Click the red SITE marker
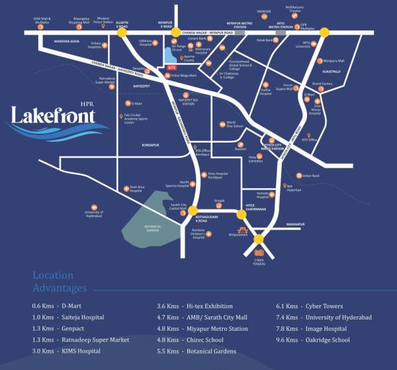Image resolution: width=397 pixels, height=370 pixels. [x=172, y=68]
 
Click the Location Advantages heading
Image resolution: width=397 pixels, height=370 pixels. [x=60, y=282]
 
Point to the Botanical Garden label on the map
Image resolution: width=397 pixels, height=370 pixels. [x=140, y=228]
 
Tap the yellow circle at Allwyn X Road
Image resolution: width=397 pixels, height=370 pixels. [x=122, y=39]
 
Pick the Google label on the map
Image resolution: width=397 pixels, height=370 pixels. [x=219, y=200]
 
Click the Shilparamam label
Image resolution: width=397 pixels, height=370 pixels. [x=238, y=234]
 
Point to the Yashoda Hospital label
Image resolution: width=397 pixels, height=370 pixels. [x=265, y=196]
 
